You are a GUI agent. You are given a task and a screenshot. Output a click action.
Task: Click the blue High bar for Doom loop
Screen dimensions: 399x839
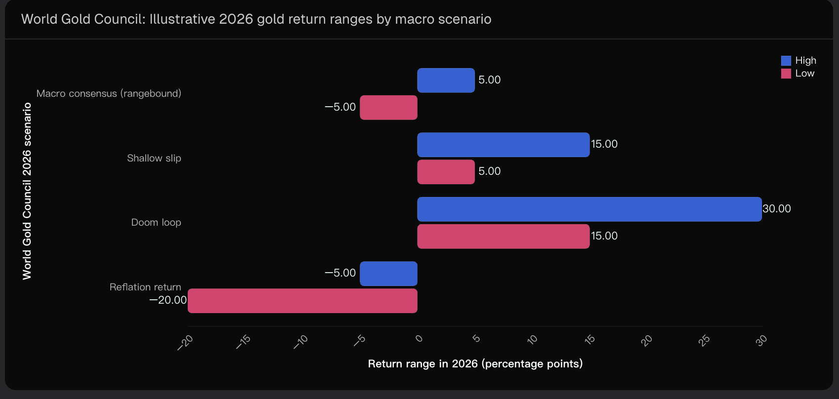click(589, 209)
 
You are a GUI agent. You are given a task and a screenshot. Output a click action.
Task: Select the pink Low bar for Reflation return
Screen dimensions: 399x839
click(302, 301)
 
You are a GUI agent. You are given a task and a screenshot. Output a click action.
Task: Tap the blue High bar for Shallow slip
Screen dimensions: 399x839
click(503, 145)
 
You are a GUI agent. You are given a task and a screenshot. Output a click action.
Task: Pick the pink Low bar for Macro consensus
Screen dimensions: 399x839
click(388, 108)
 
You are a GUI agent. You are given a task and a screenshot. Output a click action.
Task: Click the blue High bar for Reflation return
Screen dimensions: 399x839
click(388, 274)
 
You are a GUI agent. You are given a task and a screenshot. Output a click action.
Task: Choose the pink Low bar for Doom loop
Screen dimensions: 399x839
click(503, 237)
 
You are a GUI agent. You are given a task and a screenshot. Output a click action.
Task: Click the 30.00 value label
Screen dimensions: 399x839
click(776, 209)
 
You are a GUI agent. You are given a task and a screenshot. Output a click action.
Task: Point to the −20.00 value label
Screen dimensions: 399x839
click(168, 300)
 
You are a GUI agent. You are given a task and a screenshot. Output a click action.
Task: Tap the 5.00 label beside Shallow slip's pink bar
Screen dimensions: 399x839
click(489, 171)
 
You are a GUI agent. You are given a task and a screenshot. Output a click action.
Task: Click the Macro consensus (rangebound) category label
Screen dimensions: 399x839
click(109, 93)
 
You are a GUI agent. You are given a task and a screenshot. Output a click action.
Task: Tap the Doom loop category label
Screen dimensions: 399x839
click(156, 223)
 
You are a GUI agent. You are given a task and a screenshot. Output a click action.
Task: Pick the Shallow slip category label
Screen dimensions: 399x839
click(154, 158)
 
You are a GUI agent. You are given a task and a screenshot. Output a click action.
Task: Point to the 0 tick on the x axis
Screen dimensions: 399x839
click(419, 339)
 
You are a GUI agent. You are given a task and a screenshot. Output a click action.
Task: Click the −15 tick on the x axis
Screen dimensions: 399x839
click(243, 342)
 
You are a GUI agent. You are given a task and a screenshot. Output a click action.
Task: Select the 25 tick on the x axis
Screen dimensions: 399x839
click(704, 340)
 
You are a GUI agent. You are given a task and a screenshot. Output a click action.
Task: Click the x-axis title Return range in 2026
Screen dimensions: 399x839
click(475, 364)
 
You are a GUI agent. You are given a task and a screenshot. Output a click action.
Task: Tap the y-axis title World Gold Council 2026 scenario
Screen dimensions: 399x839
click(27, 191)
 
